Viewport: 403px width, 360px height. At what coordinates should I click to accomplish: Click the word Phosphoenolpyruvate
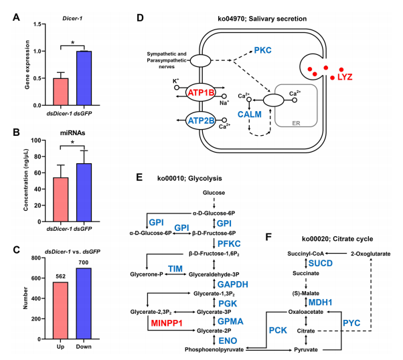point(213,349)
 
